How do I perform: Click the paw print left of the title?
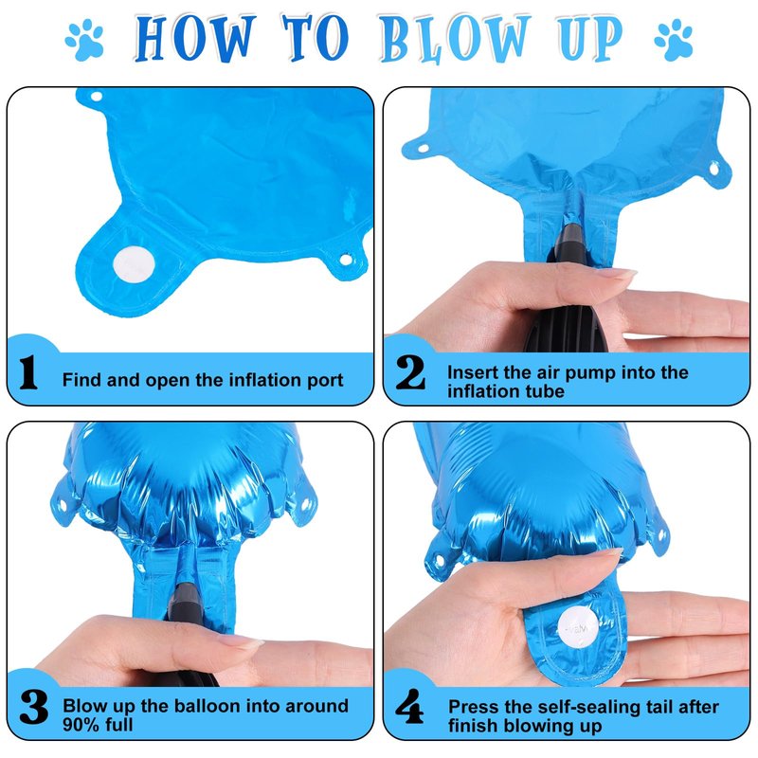85,39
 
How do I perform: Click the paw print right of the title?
674,40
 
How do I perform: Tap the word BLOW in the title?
455,39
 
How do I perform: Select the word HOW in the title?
194,39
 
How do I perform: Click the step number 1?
28,371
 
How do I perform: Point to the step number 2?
410,371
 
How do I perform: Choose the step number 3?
34,707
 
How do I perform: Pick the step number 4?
410,706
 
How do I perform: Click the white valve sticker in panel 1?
134,264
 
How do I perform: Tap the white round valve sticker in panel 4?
579,627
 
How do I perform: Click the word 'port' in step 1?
325,381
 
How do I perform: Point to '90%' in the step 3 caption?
82,725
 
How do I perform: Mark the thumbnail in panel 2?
614,275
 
